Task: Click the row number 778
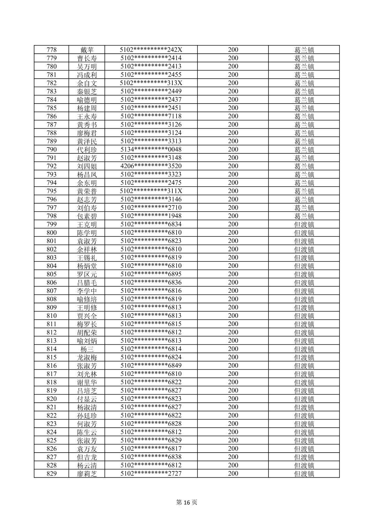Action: (x=52, y=50)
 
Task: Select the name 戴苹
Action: (x=87, y=50)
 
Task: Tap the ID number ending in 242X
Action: (x=151, y=50)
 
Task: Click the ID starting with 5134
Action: (x=151, y=150)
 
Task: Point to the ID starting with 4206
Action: (x=151, y=166)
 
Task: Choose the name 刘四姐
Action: (x=87, y=166)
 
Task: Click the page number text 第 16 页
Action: (x=187, y=502)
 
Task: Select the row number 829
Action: (x=52, y=474)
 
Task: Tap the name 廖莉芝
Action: (x=87, y=474)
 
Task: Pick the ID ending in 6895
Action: (x=151, y=274)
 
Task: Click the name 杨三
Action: (x=87, y=349)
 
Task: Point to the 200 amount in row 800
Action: (x=233, y=233)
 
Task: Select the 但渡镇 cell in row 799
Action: (x=304, y=224)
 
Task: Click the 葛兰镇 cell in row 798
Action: (x=304, y=216)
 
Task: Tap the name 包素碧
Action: (x=87, y=216)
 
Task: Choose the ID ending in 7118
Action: (x=151, y=116)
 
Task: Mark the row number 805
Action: (x=52, y=274)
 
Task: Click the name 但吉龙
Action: (x=87, y=457)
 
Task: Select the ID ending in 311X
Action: (x=151, y=191)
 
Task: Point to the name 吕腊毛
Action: (x=87, y=282)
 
